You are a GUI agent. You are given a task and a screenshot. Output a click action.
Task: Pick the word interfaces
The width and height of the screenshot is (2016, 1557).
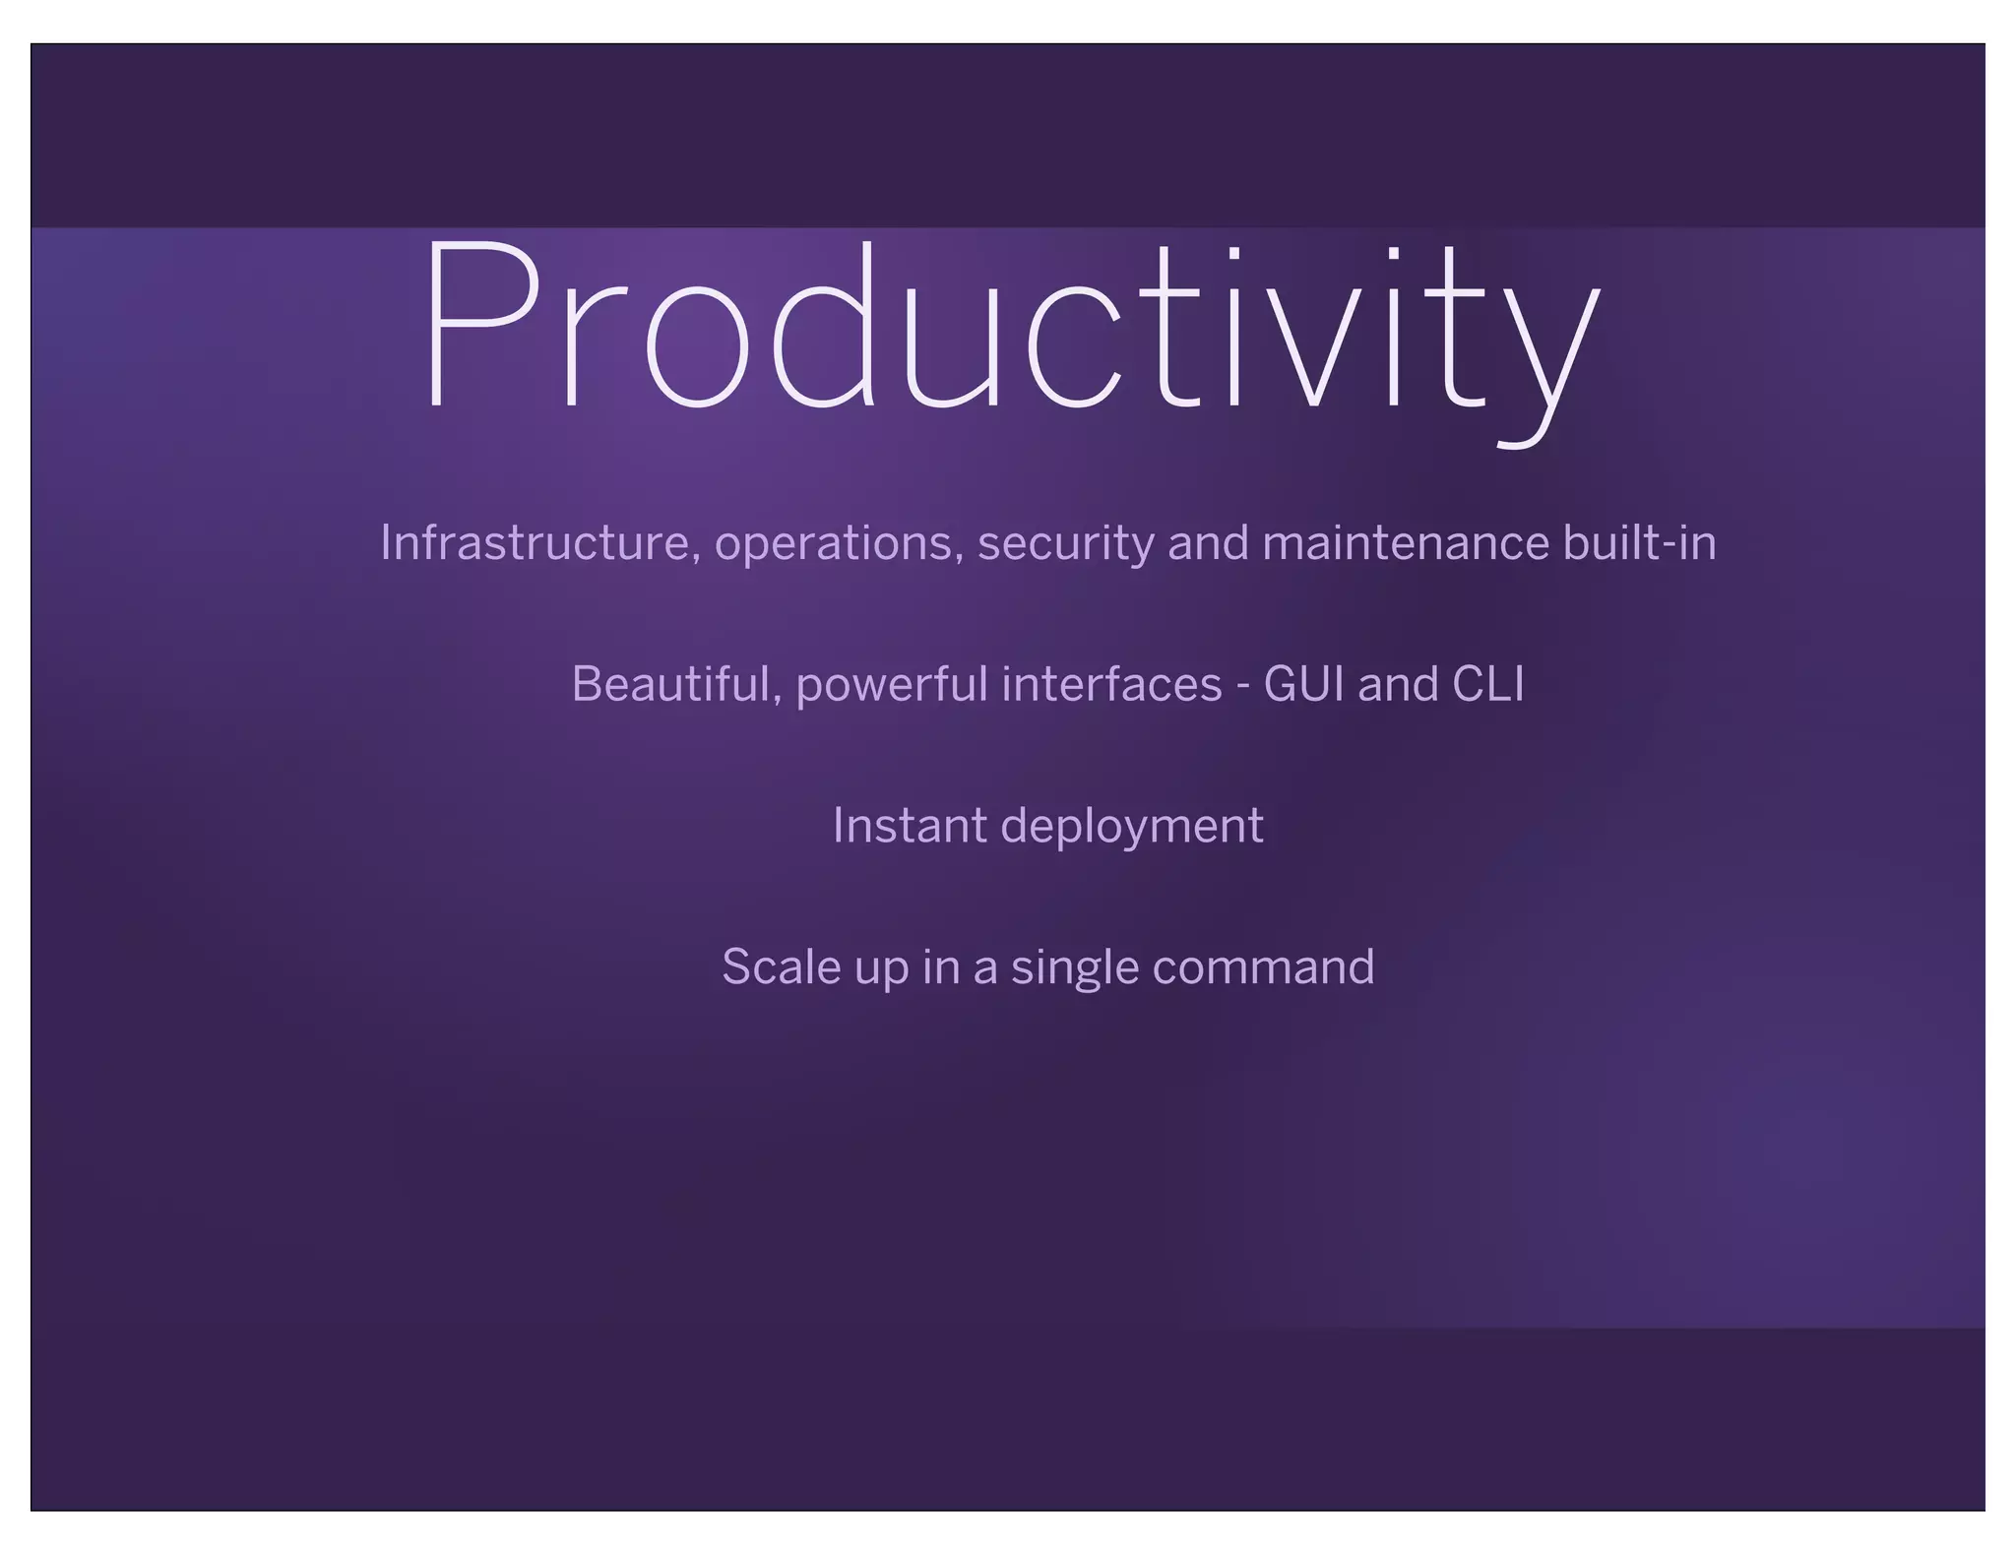tap(1111, 685)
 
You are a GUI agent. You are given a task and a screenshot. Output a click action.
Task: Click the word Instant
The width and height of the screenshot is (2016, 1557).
tap(909, 826)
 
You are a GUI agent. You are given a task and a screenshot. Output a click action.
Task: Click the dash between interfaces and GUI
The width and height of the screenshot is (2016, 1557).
tap(1243, 687)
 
